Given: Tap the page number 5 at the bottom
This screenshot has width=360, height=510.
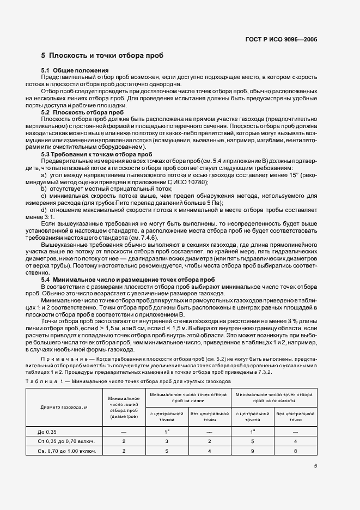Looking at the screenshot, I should (x=315, y=466).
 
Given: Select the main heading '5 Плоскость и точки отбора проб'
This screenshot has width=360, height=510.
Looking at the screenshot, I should (x=102, y=56).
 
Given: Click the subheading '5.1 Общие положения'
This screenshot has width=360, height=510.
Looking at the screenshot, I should (x=75, y=71).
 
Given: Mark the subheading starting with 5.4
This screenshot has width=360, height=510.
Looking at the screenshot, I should (x=127, y=280).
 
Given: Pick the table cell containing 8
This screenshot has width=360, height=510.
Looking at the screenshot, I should (x=295, y=451).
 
